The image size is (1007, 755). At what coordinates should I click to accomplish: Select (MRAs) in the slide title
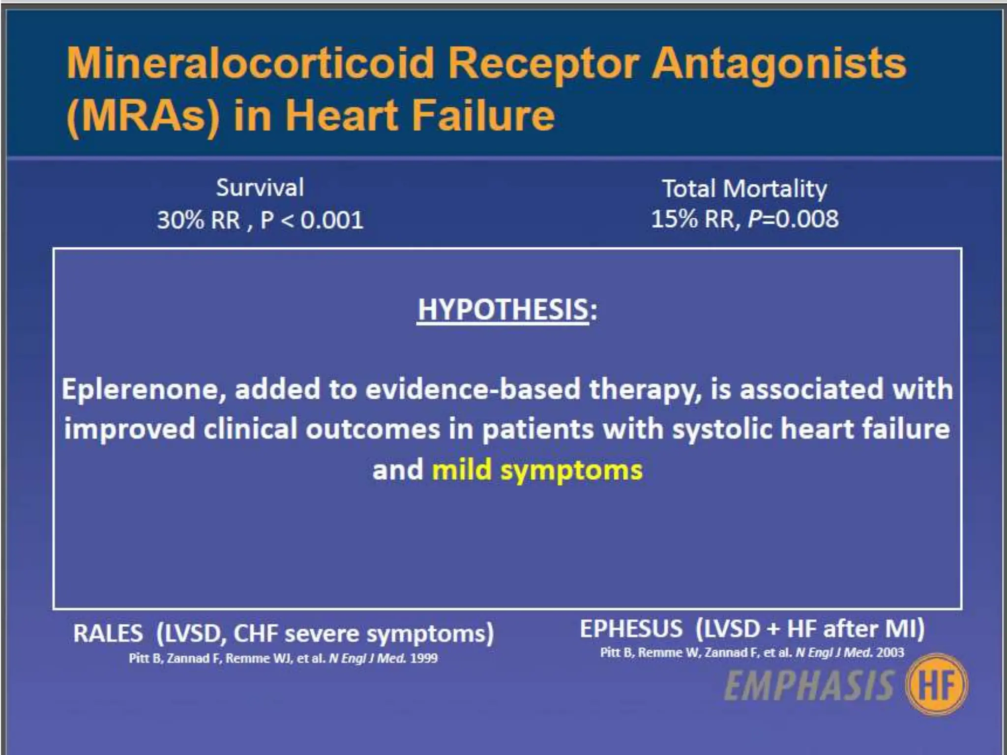click(x=143, y=116)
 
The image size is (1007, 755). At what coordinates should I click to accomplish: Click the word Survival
click(x=260, y=188)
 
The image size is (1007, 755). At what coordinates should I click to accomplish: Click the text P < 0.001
click(x=312, y=220)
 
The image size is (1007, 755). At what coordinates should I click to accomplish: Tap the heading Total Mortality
click(x=744, y=189)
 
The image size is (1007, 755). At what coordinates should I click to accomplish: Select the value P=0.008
click(x=793, y=219)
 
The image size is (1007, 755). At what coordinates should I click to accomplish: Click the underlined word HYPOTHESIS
click(x=503, y=310)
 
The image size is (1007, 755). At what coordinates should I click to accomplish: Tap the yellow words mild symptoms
click(x=537, y=470)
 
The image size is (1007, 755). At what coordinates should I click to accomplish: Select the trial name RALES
click(x=108, y=633)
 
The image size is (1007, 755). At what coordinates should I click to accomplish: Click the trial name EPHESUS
click(x=631, y=629)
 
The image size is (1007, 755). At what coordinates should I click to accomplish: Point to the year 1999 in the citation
click(x=423, y=658)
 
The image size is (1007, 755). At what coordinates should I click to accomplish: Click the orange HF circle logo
click(x=937, y=685)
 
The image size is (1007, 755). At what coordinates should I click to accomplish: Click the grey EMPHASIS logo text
click(x=809, y=686)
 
